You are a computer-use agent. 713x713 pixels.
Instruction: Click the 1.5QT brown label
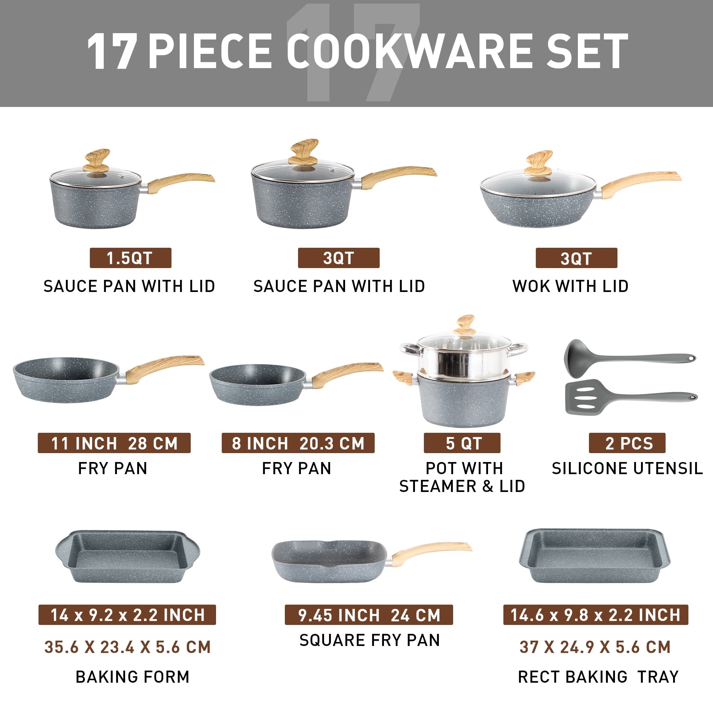point(130,258)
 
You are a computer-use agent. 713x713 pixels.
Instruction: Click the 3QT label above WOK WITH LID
point(576,258)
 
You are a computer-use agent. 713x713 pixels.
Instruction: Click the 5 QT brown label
point(462,443)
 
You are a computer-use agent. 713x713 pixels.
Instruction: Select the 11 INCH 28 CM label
point(114,443)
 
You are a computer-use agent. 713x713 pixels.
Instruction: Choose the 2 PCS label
point(627,443)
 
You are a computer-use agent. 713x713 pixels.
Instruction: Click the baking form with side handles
point(127,557)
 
